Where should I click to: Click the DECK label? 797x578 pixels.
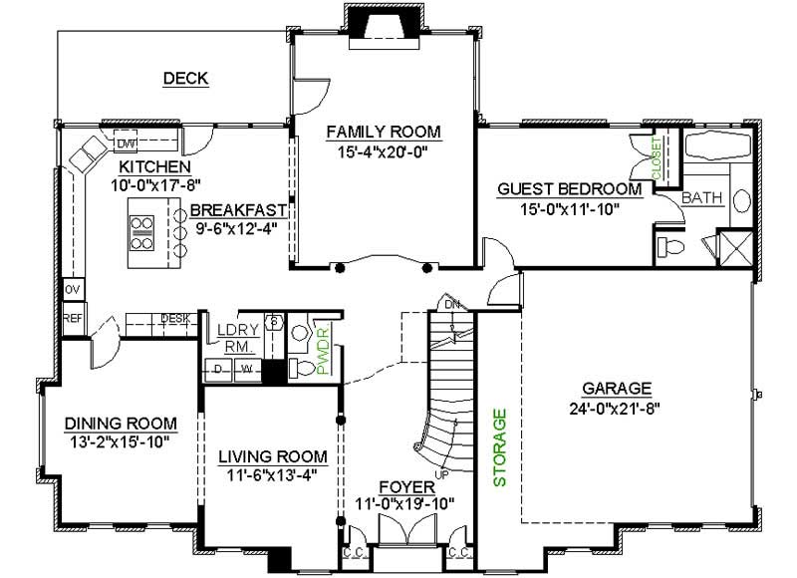pyautogui.click(x=185, y=79)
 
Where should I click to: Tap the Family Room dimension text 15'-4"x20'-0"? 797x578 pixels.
pyautogui.click(x=383, y=150)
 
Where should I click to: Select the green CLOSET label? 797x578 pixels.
pyautogui.click(x=658, y=158)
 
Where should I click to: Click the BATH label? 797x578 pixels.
pyautogui.click(x=702, y=198)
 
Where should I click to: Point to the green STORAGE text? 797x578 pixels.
pyautogui.click(x=501, y=446)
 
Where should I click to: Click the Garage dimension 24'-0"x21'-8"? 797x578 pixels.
pyautogui.click(x=618, y=407)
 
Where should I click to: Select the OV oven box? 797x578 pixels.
pyautogui.click(x=71, y=289)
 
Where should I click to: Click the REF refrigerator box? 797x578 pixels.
pyautogui.click(x=72, y=319)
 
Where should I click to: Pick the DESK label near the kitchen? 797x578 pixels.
pyautogui.click(x=175, y=319)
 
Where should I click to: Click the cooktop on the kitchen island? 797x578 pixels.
pyautogui.click(x=141, y=231)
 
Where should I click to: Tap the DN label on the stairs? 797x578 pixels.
pyautogui.click(x=450, y=304)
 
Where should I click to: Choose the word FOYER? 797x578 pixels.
pyautogui.click(x=406, y=486)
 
